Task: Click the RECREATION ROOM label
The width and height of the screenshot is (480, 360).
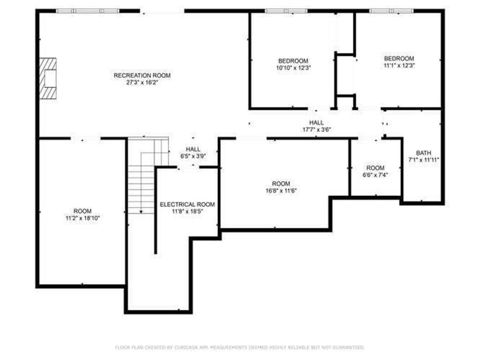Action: pos(142,75)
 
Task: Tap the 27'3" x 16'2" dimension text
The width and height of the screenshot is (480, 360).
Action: pos(142,82)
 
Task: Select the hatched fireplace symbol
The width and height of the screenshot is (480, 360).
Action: pos(48,78)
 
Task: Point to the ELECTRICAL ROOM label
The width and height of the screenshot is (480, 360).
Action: pos(187,204)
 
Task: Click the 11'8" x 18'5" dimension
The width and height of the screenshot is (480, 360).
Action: pos(187,211)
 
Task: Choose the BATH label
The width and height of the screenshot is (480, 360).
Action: pos(424,153)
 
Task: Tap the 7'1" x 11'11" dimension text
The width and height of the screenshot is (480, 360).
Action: pos(424,160)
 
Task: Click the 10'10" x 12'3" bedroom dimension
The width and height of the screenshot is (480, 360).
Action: pos(293,67)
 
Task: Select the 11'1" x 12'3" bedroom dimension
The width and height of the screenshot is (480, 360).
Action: pos(399,65)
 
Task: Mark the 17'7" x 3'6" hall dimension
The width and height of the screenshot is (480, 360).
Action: pos(316,129)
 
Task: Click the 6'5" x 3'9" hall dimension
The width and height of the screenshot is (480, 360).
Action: pos(193,156)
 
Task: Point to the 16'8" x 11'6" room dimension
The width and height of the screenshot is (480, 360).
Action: pos(281,190)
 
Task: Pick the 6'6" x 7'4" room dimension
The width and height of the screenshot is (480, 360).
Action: pos(375,175)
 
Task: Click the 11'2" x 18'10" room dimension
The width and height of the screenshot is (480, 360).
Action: pos(82,218)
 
